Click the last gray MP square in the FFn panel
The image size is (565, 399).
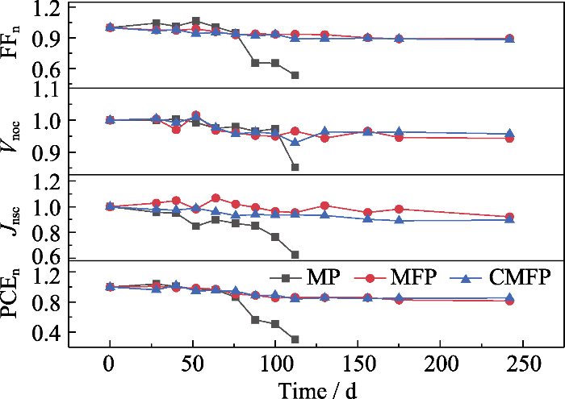click(295, 75)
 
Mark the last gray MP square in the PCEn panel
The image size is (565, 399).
click(295, 339)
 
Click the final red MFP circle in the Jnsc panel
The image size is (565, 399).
click(509, 217)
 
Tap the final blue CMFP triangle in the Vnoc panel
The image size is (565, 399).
click(509, 134)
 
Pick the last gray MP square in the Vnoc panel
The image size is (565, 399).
click(295, 167)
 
